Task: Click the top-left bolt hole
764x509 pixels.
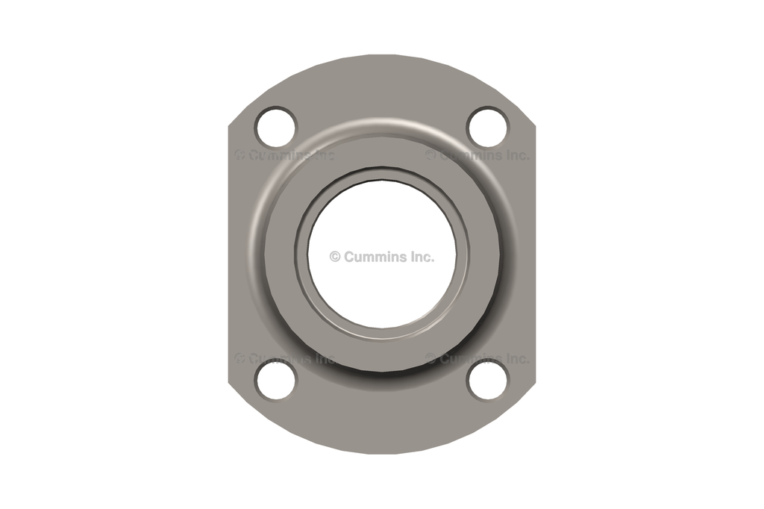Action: (276, 127)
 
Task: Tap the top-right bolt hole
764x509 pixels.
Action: (487, 127)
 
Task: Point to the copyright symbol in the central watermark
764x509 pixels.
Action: (335, 257)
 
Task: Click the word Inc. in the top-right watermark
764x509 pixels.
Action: (513, 155)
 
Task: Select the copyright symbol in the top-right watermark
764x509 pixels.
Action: (430, 155)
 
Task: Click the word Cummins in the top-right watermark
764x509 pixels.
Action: (469, 155)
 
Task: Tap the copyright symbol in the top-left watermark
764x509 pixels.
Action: (239, 155)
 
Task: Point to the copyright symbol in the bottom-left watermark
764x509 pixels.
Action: (239, 358)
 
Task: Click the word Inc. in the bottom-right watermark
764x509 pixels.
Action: (513, 358)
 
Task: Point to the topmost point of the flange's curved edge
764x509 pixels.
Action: (381, 55)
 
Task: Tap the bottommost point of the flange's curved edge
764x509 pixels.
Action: (381, 454)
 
